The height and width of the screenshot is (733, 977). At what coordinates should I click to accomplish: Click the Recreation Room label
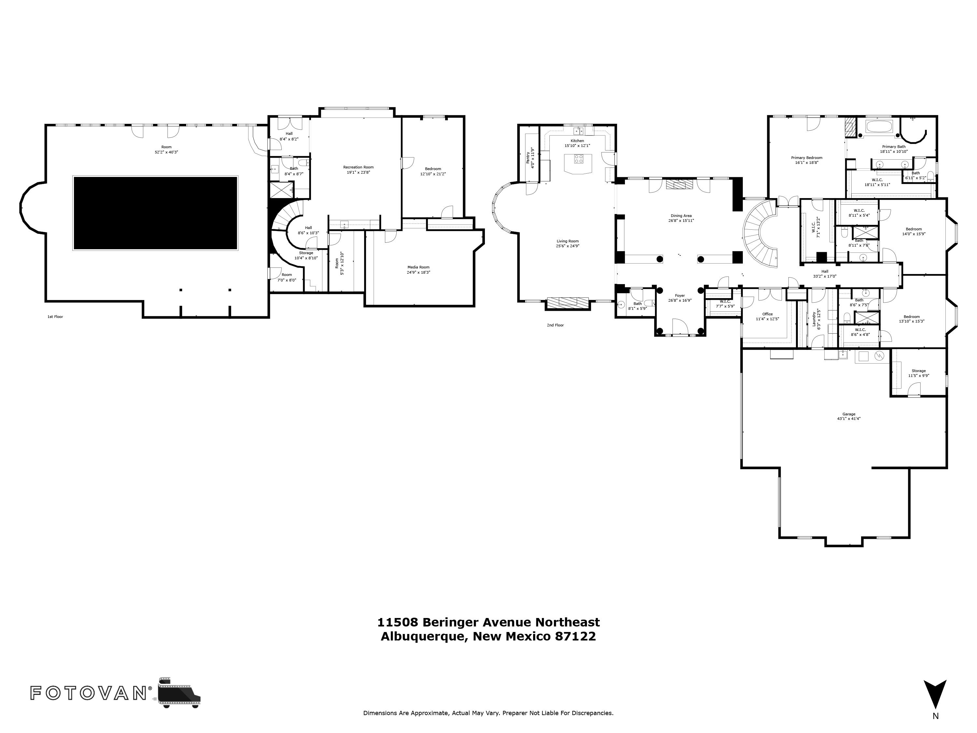tap(358, 167)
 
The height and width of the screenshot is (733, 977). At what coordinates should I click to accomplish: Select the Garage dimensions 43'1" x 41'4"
tap(848, 418)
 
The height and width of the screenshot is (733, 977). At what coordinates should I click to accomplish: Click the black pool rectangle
tap(155, 213)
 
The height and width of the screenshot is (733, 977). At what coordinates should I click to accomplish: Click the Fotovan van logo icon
tap(179, 692)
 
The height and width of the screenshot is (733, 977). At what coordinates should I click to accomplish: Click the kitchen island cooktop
tap(579, 159)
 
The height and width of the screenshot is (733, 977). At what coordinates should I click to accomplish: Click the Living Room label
tap(568, 241)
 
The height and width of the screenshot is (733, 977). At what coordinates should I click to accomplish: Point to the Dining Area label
tap(681, 216)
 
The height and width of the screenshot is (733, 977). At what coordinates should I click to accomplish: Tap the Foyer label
tap(680, 295)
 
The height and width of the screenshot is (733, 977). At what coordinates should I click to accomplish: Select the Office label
tap(767, 314)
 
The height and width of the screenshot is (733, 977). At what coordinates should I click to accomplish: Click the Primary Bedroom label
tap(806, 158)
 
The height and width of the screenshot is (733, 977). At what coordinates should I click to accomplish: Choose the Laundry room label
tap(814, 319)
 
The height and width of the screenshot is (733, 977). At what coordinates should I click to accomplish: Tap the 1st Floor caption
tap(55, 317)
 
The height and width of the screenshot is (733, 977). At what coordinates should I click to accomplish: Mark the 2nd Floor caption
tap(555, 325)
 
